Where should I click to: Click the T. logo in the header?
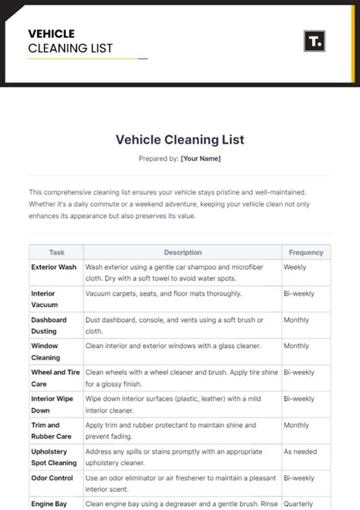[x=314, y=41]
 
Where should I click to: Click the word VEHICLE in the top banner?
[x=51, y=33]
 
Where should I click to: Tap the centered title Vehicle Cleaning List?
[x=180, y=140]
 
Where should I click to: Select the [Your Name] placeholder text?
[x=201, y=159]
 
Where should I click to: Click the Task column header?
[x=57, y=252]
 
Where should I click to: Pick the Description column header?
[x=182, y=252]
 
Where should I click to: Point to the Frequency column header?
[x=306, y=252]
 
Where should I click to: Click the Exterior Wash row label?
[x=54, y=268]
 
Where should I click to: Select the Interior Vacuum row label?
[x=44, y=299]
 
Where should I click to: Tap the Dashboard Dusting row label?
[x=49, y=325]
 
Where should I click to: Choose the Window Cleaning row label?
[x=46, y=352]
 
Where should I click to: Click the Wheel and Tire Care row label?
[x=56, y=378]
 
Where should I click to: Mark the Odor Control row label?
[x=52, y=478]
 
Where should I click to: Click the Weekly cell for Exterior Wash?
[x=295, y=268]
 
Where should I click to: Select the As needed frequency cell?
[x=299, y=451]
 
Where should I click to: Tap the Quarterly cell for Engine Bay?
[x=298, y=503]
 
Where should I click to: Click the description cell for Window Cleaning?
[x=173, y=346]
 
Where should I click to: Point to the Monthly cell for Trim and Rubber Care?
[x=296, y=426]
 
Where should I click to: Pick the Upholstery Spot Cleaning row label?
[x=54, y=457]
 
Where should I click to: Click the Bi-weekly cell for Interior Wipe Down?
[x=298, y=399]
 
